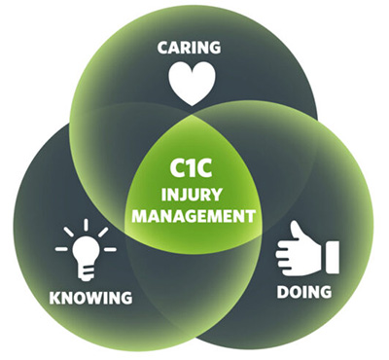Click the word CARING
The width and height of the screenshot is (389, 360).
[192, 46]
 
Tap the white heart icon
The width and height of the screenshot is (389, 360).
[192, 84]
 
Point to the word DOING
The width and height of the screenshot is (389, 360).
[302, 291]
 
